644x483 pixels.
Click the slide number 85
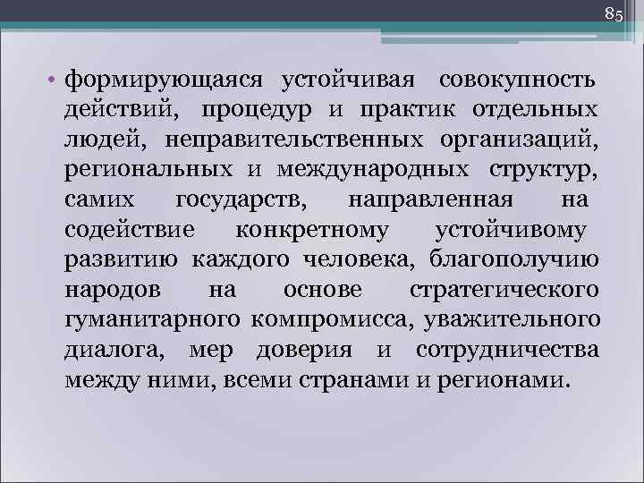614,13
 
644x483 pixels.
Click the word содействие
130,230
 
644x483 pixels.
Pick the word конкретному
312,230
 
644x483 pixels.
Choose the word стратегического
503,289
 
